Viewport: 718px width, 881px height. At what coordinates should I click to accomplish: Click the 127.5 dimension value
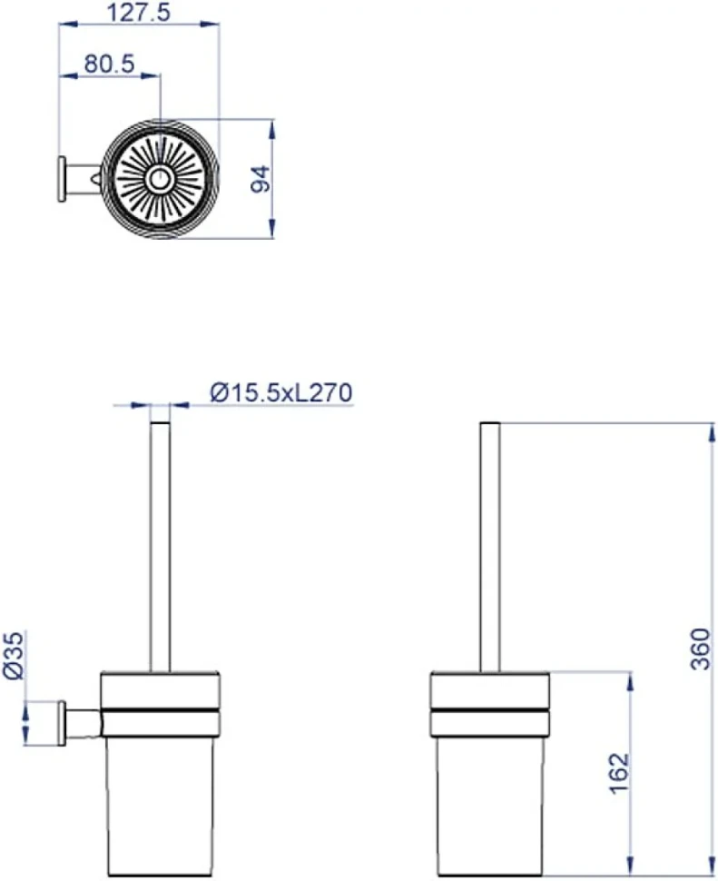138,13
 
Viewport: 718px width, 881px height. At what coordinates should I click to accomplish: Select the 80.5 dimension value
110,64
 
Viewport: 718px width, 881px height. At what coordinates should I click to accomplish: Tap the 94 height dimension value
261,179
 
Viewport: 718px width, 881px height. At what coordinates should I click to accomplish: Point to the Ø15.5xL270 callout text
281,392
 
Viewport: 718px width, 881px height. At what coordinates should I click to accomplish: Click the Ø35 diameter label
14,655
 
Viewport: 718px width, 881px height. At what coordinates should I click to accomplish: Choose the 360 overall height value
700,649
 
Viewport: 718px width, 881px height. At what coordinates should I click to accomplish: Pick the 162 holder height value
619,773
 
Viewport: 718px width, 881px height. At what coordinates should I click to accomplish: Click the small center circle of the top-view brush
160,180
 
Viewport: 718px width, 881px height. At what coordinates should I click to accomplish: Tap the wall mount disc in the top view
62,179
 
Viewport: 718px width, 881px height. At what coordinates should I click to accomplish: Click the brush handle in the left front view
160,547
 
